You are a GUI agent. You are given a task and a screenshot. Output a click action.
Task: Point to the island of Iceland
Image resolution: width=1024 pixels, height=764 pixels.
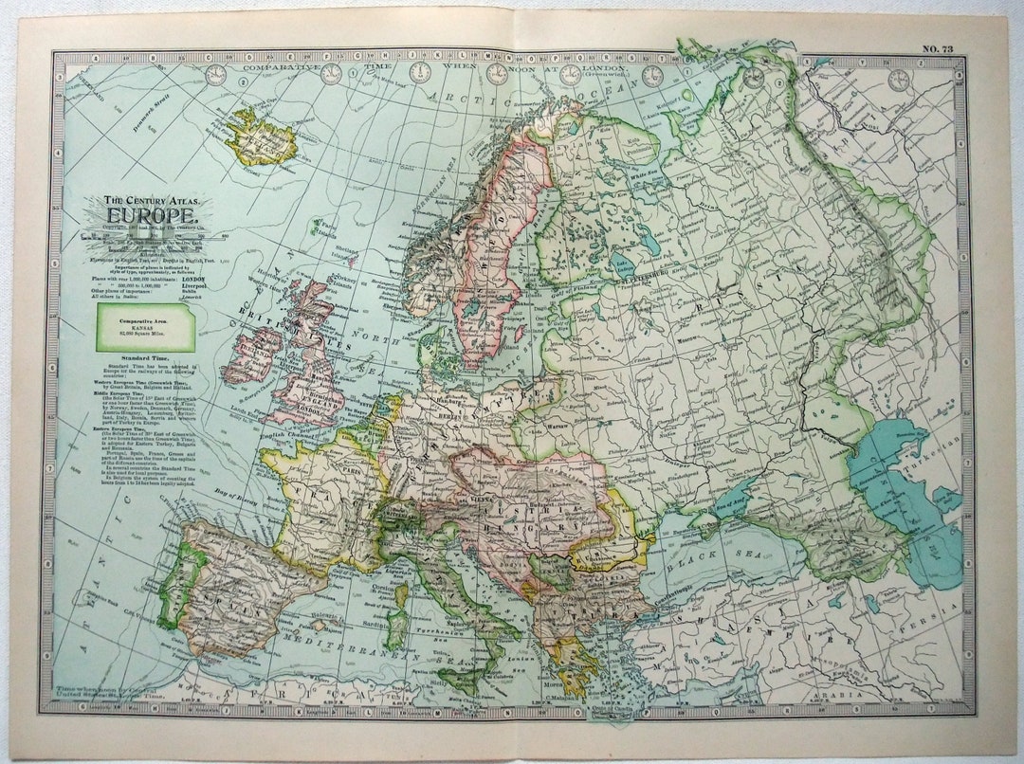[x=260, y=138]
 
